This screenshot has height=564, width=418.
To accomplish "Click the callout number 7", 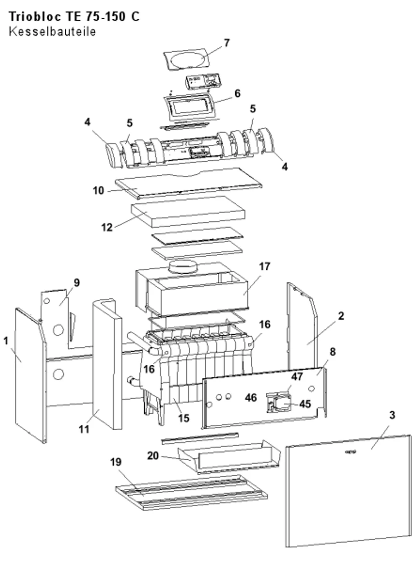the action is (227, 43).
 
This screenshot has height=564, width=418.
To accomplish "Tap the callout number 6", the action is (237, 93).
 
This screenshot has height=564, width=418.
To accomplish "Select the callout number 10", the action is (98, 190).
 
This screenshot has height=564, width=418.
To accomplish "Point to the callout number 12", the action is (107, 227).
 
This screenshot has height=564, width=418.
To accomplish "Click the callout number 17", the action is (265, 267).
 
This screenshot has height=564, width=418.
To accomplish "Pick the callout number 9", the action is (76, 283).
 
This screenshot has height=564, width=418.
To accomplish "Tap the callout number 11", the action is (84, 429).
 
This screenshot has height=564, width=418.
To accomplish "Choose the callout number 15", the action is (184, 418).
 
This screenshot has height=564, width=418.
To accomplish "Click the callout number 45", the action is (305, 404).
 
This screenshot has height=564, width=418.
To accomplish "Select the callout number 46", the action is (251, 398).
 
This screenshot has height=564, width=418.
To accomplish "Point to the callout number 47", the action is (297, 377).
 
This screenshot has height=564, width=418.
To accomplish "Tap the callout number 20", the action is (153, 456).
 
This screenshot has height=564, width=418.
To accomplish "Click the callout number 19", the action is (116, 462).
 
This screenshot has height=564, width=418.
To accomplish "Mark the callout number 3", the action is (392, 415).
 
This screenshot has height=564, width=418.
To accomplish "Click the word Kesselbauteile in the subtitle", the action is (52, 32).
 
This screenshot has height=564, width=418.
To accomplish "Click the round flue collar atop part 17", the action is (183, 267).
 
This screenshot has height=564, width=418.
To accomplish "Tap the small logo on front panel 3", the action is (351, 452).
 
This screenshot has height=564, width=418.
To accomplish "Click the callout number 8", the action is (332, 352).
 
